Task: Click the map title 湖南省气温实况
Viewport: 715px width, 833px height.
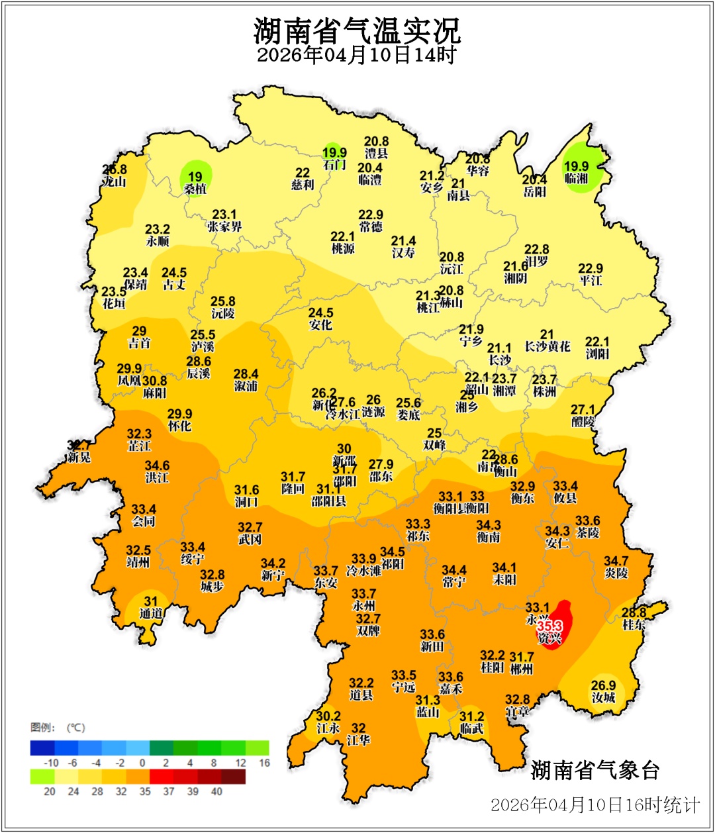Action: [357, 30]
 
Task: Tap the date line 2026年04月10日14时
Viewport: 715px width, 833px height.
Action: [357, 55]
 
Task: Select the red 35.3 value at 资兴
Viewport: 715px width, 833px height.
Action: [549, 626]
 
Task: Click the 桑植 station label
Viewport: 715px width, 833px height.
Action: [195, 189]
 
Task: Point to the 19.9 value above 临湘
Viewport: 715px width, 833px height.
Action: [576, 166]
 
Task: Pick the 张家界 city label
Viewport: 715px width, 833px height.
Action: [224, 227]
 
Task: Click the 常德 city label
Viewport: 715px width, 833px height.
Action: [371, 227]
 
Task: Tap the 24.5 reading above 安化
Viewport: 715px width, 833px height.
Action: [321, 313]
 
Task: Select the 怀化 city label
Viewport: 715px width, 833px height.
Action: [179, 426]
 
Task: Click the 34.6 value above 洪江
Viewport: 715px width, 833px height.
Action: [158, 465]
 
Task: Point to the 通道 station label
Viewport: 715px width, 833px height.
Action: [151, 613]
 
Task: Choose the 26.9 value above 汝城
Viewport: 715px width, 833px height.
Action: [603, 685]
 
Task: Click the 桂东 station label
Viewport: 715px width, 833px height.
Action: [634, 625]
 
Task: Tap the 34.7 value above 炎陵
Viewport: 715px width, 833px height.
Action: [616, 561]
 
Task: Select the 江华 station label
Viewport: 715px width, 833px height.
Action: [358, 740]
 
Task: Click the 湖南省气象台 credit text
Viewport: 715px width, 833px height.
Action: [595, 770]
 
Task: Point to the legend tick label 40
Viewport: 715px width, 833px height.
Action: [216, 791]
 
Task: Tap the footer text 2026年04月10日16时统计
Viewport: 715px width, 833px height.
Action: [595, 805]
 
